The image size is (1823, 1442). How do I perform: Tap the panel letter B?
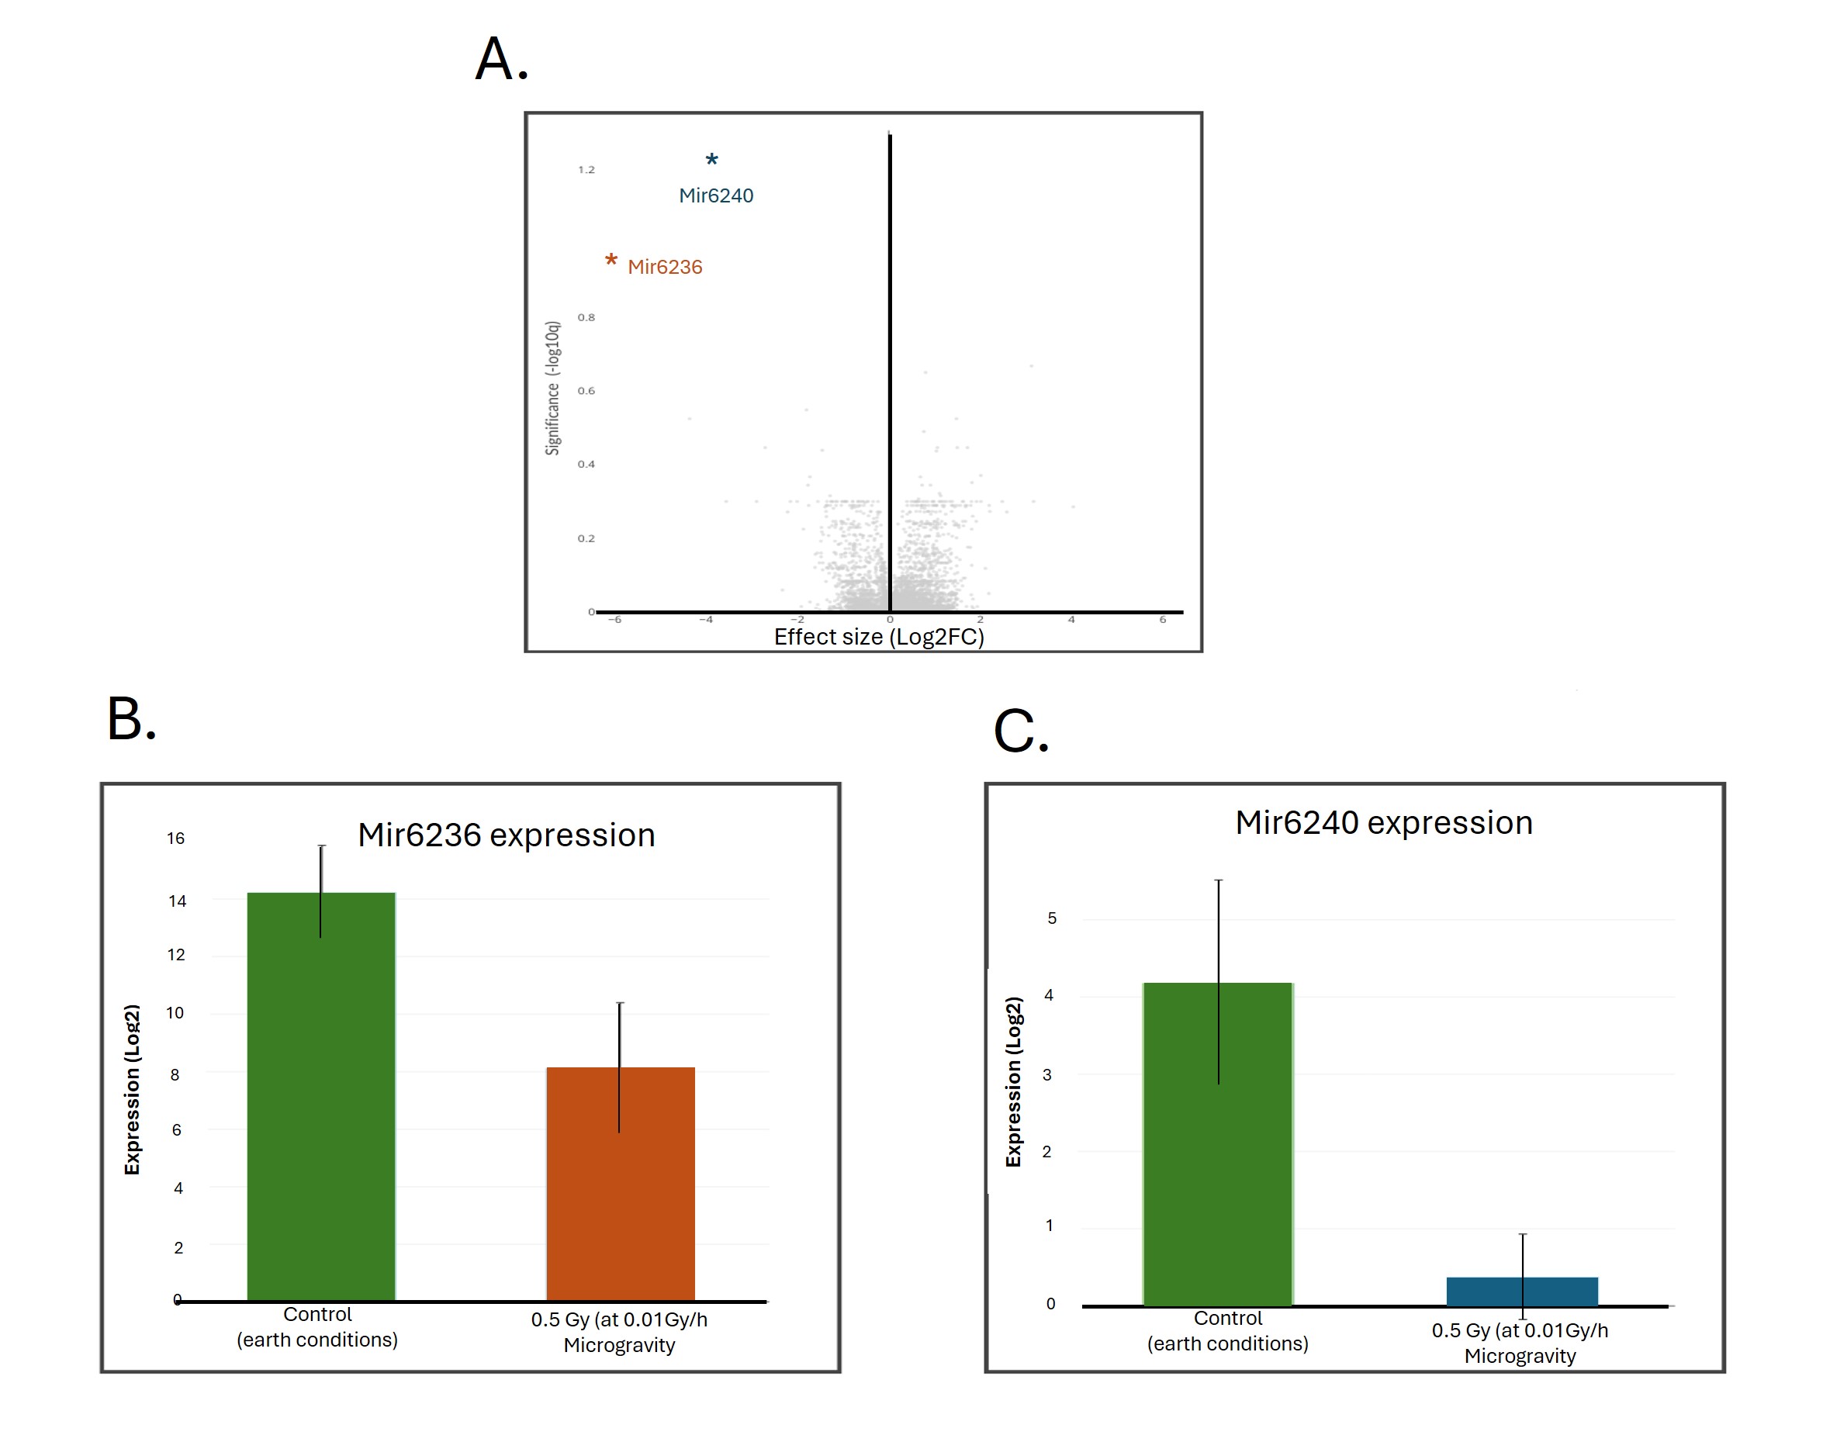click(131, 719)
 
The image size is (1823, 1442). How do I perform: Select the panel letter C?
click(1020, 731)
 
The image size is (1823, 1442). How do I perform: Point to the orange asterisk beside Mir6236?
click(611, 260)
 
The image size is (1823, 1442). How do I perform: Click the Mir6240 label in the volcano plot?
click(715, 196)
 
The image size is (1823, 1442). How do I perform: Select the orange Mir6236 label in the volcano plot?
click(665, 267)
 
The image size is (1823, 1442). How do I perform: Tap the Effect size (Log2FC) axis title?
click(878, 637)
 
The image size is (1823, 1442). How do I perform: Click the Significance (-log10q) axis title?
click(552, 388)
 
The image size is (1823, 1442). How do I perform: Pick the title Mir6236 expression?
click(506, 835)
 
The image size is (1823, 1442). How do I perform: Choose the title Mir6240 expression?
click(1383, 822)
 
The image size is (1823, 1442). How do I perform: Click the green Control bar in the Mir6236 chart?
click(321, 1098)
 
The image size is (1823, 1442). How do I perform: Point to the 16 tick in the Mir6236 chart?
click(175, 839)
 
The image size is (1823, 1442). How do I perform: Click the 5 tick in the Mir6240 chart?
click(1051, 918)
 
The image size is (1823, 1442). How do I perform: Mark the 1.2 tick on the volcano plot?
click(586, 170)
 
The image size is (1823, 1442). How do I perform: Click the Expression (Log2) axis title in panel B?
click(132, 1089)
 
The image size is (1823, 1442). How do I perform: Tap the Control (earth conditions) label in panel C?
click(1227, 1330)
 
